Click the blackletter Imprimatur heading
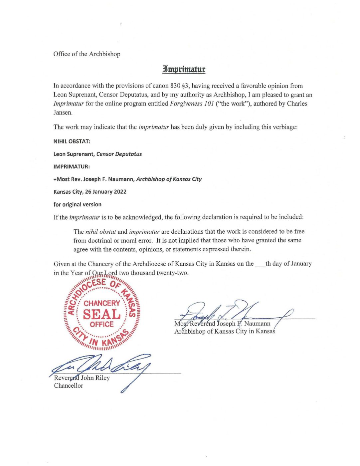(184, 69)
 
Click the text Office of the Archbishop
(87, 54)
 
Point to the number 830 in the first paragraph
(175, 86)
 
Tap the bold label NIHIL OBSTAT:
(72, 141)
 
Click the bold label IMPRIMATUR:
(72, 166)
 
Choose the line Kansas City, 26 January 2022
(90, 192)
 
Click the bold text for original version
(78, 204)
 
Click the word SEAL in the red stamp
(102, 314)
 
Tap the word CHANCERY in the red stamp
(102, 303)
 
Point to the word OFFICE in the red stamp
(101, 325)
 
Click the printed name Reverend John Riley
(82, 378)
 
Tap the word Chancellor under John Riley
(69, 386)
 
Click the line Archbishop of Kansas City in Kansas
(225, 331)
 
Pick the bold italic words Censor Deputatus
(119, 154)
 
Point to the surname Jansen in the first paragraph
(63, 113)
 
